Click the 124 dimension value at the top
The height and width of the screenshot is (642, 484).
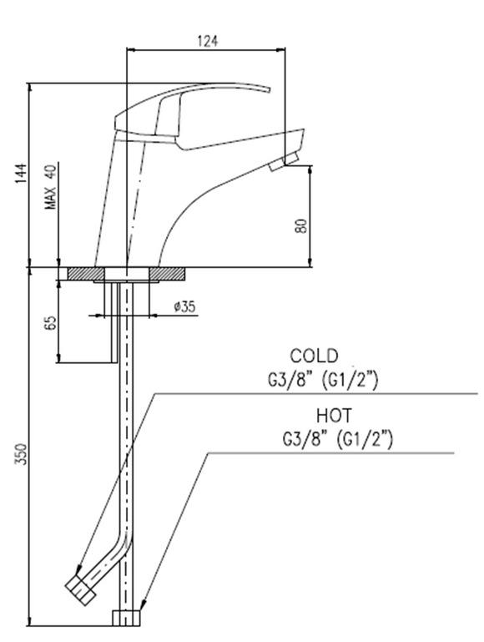pyautogui.click(x=208, y=41)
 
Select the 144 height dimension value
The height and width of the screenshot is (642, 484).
pyautogui.click(x=21, y=173)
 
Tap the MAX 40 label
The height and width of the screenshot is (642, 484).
pyautogui.click(x=51, y=188)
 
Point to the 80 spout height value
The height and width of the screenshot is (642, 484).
pyautogui.click(x=301, y=225)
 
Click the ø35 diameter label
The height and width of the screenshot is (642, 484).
pyautogui.click(x=185, y=306)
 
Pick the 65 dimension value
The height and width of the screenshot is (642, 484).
pyautogui.click(x=49, y=322)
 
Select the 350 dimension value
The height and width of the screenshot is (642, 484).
pyautogui.click(x=21, y=453)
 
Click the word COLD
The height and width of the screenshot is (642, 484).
pyautogui.click(x=315, y=356)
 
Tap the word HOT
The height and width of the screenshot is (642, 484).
pyautogui.click(x=334, y=416)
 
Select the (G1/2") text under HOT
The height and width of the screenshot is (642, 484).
pyautogui.click(x=364, y=440)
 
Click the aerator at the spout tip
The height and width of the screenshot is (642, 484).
pyautogui.click(x=283, y=162)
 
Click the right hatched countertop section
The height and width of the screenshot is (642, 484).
pyautogui.click(x=167, y=274)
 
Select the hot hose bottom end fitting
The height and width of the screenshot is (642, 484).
pyautogui.click(x=126, y=619)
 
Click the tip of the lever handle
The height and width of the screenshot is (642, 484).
pyautogui.click(x=270, y=90)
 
